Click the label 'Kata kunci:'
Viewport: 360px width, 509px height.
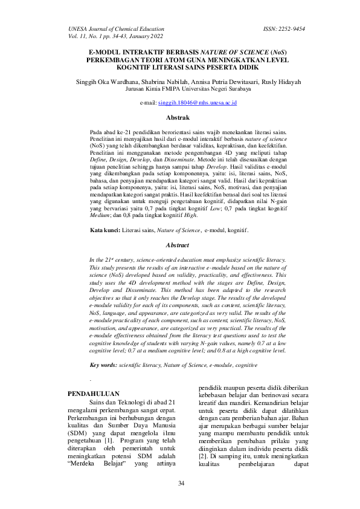(x=104, y=230)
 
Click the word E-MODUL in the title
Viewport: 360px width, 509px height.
(x=106, y=53)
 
